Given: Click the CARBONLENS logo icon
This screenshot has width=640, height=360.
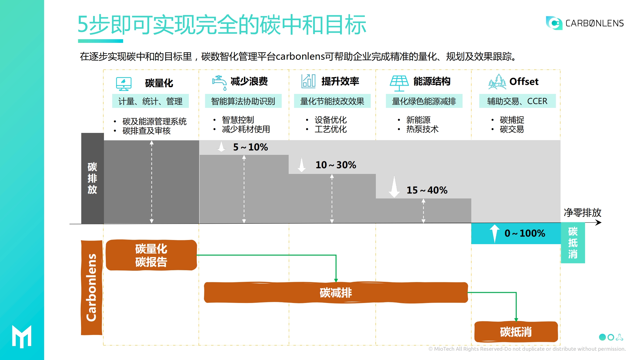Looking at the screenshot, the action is click(x=554, y=23).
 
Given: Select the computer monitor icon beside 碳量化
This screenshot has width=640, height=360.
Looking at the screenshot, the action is click(x=124, y=84).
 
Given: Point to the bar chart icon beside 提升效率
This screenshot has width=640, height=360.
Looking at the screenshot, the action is click(x=308, y=81).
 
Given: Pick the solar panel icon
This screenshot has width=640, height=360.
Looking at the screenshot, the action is click(x=399, y=83).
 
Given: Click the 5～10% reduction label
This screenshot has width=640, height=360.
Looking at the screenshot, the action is click(x=250, y=147).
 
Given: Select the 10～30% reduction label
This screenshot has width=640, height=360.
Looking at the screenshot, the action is click(x=336, y=165).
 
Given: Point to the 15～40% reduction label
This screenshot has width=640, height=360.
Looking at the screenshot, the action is click(x=427, y=190).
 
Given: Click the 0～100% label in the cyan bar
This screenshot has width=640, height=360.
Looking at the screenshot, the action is click(x=525, y=233).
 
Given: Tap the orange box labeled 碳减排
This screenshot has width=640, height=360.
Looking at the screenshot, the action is click(x=336, y=292).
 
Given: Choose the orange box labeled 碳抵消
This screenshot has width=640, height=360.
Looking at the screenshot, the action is click(x=516, y=332).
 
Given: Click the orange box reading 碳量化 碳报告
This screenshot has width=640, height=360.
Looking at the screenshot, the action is click(x=151, y=255).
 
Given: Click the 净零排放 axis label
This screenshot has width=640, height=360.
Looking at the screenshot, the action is click(x=582, y=213).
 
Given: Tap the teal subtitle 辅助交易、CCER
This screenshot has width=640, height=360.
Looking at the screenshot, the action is click(x=517, y=101).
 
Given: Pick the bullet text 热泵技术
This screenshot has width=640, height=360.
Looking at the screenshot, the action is click(x=422, y=129).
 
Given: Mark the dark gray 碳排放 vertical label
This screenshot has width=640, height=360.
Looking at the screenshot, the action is click(x=92, y=178).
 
